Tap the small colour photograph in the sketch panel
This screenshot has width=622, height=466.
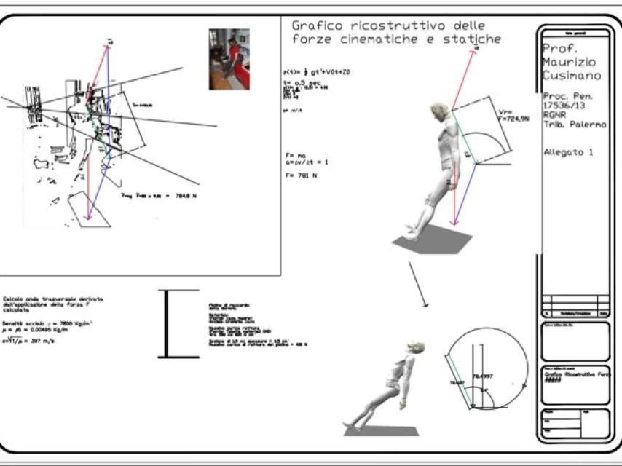click(229, 59)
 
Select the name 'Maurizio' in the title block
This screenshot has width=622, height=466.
click(570, 63)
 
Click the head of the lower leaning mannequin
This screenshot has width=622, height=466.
click(415, 347)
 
